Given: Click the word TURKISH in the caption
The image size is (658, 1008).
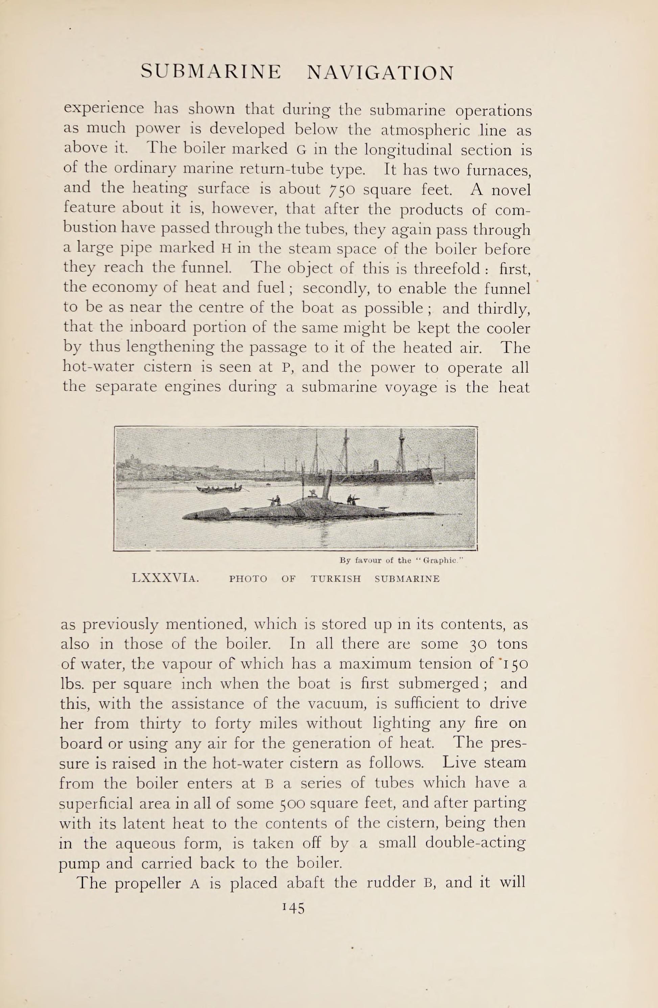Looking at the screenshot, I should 335,579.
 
